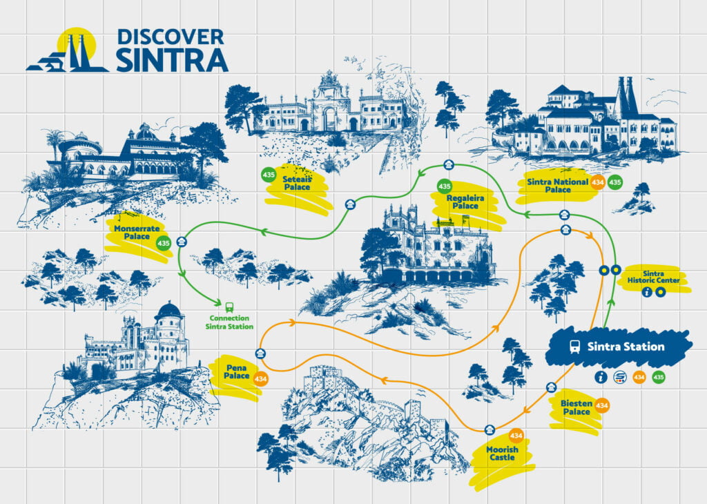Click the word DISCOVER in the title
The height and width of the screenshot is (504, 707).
coord(171,37)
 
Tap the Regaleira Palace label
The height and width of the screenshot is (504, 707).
coord(465,201)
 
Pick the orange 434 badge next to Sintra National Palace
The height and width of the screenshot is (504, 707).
coord(599,182)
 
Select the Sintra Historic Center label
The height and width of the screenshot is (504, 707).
coord(661,277)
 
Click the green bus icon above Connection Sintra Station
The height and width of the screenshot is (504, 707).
coord(229,305)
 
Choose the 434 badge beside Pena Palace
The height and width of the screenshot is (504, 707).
coord(260,379)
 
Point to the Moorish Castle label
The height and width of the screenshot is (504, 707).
coord(501,454)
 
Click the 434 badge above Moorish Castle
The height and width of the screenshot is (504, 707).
coord(516,436)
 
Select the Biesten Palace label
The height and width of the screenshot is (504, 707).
coord(576,407)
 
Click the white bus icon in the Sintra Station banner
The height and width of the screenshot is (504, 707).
coord(574,347)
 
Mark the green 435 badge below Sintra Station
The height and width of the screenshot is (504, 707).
coord(659,378)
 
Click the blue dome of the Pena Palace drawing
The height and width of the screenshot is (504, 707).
coord(168,312)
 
